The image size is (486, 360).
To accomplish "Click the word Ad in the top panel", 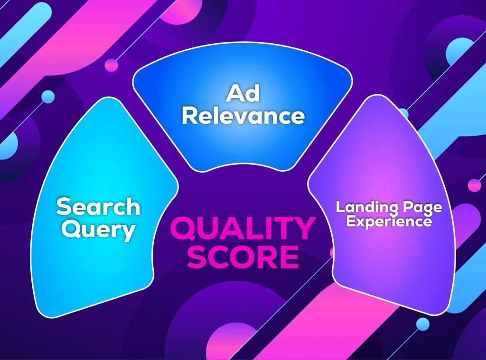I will [243, 94].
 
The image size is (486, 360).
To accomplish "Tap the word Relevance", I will [243, 116].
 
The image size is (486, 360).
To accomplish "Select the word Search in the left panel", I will [98, 207].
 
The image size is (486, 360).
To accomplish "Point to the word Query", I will [98, 230].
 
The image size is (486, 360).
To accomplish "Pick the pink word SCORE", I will [243, 256].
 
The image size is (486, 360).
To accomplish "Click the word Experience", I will [389, 221].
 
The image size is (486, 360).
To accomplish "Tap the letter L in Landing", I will [340, 207].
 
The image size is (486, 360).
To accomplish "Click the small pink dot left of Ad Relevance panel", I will [111, 65].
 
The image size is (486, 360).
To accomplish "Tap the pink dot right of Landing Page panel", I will [474, 185].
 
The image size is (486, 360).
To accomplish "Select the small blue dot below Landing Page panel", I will [422, 324].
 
